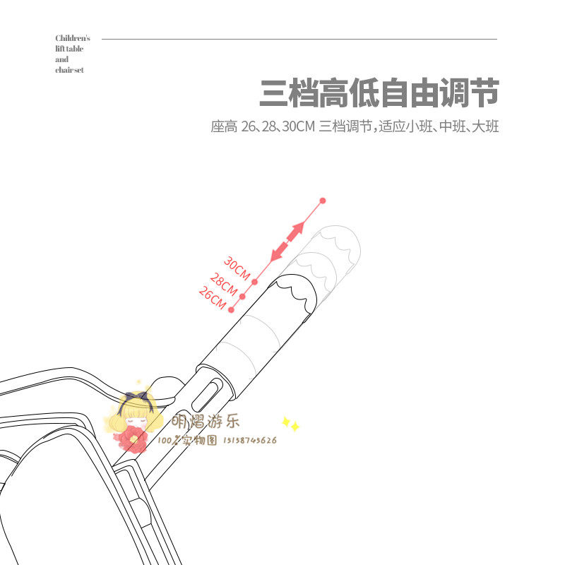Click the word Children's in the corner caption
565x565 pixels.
click(x=73, y=38)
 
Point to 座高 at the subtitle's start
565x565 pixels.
click(x=223, y=128)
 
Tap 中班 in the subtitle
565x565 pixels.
click(x=450, y=128)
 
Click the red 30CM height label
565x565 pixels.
click(x=237, y=268)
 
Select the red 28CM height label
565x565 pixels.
click(x=224, y=284)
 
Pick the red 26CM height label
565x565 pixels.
click(x=212, y=297)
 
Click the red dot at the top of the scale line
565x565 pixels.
click(x=323, y=201)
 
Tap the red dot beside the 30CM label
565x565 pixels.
click(x=254, y=282)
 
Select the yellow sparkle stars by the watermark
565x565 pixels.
click(x=290, y=425)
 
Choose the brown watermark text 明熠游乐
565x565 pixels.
click(x=206, y=422)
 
